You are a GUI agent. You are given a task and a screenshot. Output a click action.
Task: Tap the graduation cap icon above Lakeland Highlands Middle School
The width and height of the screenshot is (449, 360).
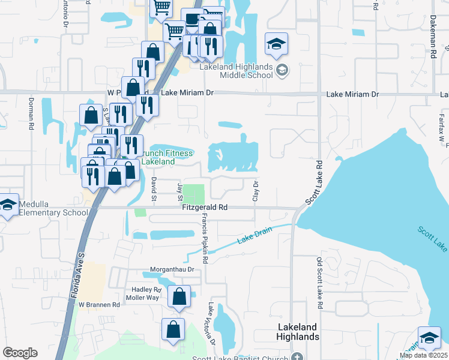click(277, 44)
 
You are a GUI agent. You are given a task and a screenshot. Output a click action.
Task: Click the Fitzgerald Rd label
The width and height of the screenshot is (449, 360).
click(206, 208)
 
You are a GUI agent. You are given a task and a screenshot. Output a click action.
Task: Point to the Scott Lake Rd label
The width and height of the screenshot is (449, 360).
click(313, 182)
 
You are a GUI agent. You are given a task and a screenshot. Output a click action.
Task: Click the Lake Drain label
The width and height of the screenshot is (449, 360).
click(255, 236)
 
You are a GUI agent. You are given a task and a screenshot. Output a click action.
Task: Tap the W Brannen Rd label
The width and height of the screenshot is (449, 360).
click(100, 304)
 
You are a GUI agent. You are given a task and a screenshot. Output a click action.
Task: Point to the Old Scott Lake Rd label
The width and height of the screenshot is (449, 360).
click(320, 284)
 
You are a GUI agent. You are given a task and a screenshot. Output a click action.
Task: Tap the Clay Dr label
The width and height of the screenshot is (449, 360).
click(256, 191)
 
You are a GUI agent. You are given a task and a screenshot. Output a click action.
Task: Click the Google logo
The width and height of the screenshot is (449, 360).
click(20, 353)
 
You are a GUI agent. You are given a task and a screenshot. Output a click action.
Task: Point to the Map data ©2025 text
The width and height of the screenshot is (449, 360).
click(423, 355)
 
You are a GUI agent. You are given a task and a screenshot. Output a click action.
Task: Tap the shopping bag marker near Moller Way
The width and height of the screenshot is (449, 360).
click(179, 296)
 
